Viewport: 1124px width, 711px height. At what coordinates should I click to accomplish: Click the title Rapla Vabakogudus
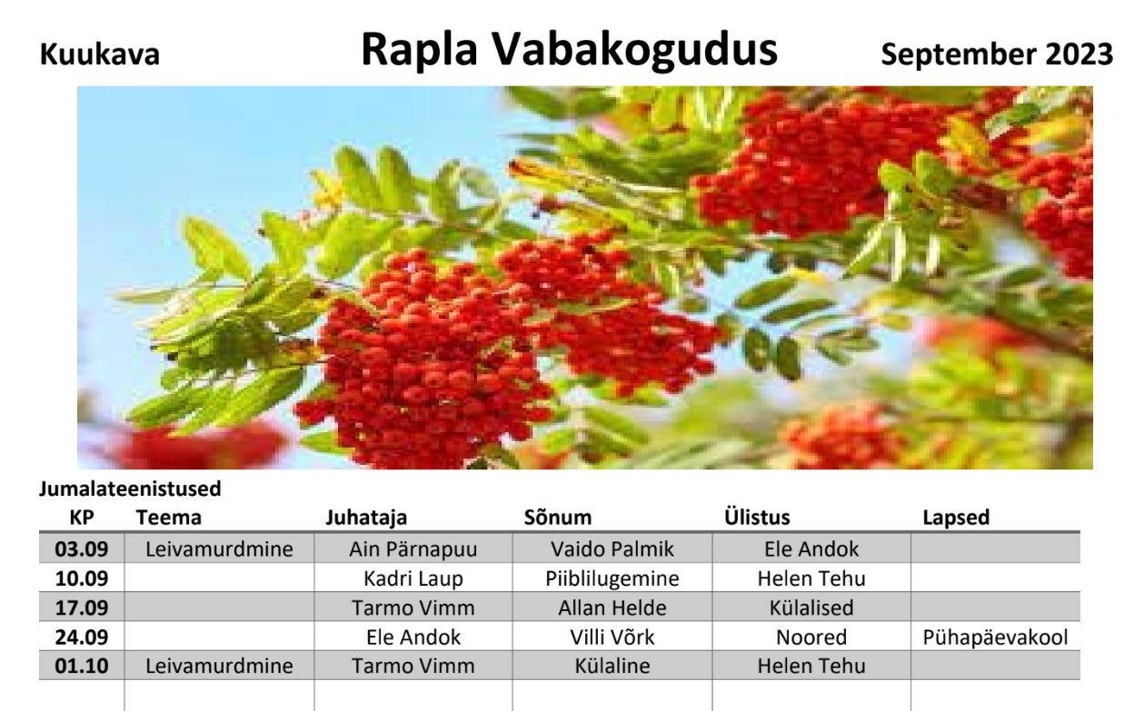(x=569, y=50)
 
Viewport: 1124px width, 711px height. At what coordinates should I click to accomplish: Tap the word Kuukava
(x=99, y=54)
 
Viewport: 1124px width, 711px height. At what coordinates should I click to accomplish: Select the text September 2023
(x=997, y=55)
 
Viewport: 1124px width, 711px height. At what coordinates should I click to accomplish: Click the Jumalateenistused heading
(x=130, y=489)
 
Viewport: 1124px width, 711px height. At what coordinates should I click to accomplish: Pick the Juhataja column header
(x=366, y=518)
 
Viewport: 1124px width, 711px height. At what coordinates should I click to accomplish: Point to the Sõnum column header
(x=558, y=518)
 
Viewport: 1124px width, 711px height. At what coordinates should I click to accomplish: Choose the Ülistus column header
(x=757, y=517)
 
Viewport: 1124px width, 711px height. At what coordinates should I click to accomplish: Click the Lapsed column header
(x=956, y=518)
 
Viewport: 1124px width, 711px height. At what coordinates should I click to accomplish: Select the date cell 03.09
(x=81, y=549)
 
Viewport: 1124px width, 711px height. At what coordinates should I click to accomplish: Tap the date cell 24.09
(x=81, y=637)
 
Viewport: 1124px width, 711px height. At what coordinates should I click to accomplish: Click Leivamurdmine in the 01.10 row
(x=219, y=666)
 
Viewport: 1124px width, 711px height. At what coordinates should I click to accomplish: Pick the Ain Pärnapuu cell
(x=413, y=549)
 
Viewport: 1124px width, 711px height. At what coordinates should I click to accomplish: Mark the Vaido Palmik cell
(x=612, y=549)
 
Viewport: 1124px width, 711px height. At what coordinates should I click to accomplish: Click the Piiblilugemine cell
(x=612, y=579)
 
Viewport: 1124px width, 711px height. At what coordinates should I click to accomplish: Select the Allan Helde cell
(x=612, y=608)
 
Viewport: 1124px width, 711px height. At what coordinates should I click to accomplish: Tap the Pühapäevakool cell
(x=995, y=637)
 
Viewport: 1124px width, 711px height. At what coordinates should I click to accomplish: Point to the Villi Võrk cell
(x=612, y=637)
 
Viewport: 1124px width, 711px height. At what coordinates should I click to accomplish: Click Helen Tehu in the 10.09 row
(x=811, y=578)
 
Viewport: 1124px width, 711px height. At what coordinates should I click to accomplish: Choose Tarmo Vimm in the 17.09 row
(x=413, y=608)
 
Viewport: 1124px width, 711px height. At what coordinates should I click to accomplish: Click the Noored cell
(x=811, y=637)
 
